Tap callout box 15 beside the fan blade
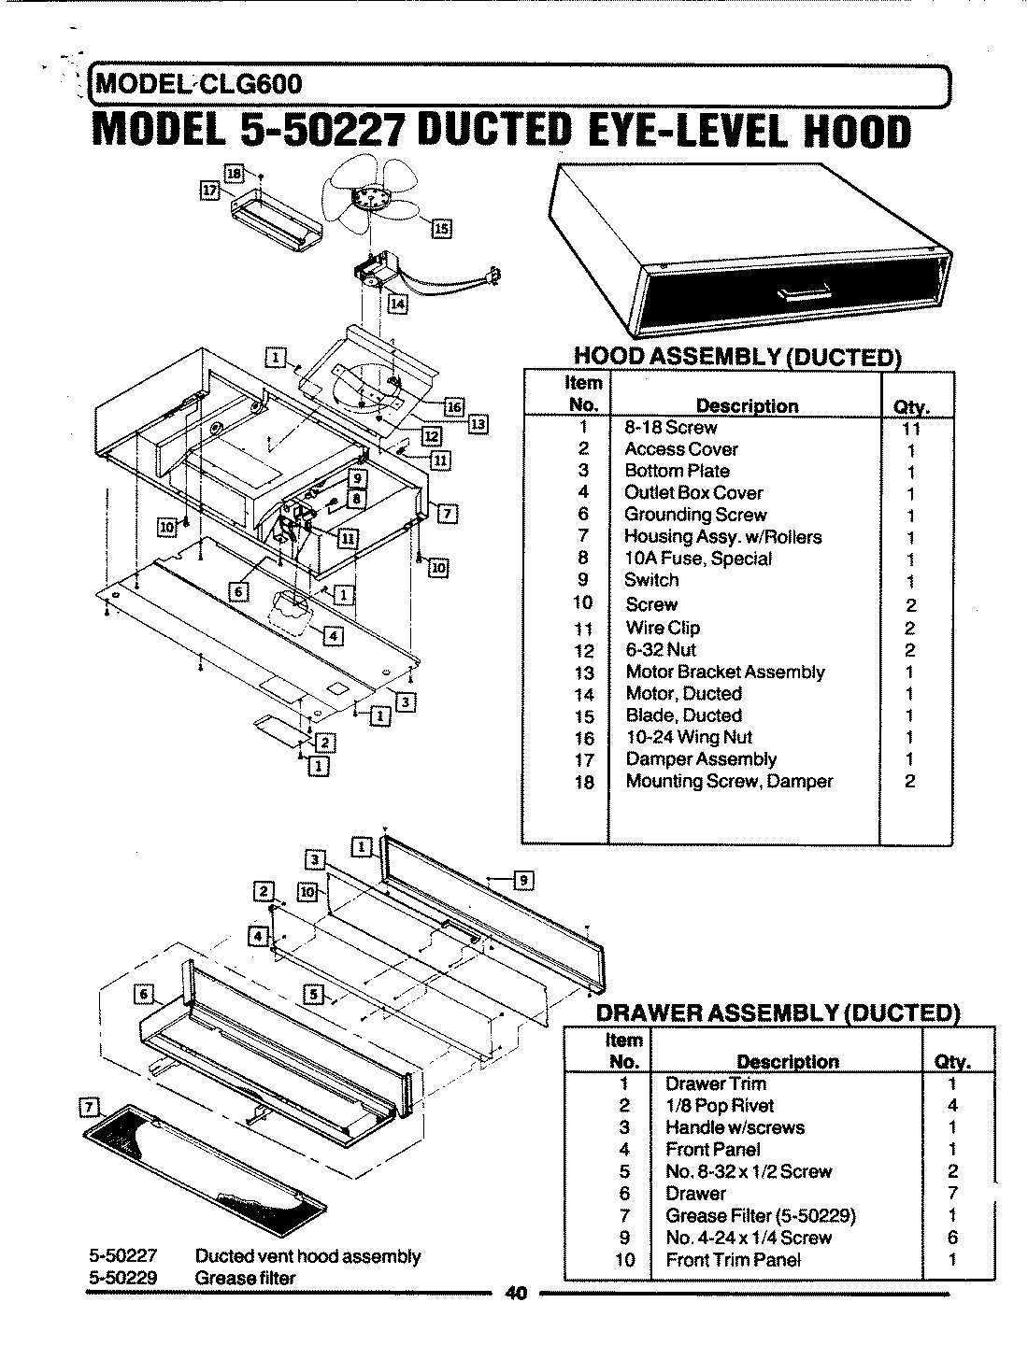pos(440,228)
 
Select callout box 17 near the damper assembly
pos(210,191)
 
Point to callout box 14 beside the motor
pos(398,304)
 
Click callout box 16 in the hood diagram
pos(453,406)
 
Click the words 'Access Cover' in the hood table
pos(680,449)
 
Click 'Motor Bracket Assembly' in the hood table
pos(725,672)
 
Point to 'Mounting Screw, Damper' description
pos(729,781)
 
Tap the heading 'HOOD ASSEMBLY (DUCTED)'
pos(737,356)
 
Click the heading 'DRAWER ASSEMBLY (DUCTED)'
pos(778,1013)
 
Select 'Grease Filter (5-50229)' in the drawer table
pos(760,1215)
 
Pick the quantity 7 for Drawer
pos(952,1194)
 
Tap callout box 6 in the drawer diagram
pos(144,995)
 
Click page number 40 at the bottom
pos(516,1294)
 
